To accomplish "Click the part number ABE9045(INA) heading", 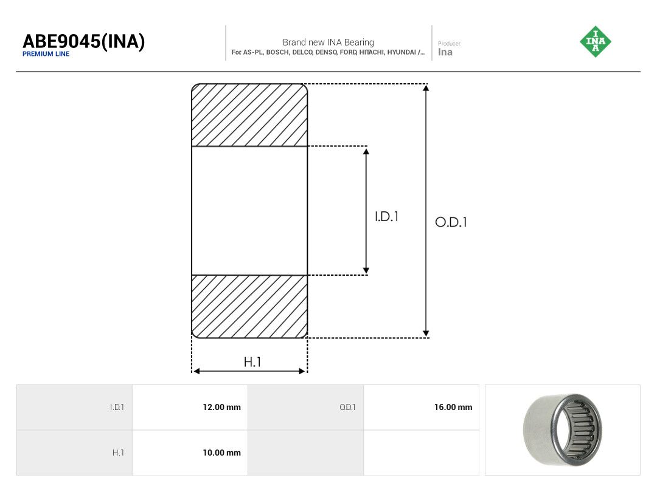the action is (84, 41).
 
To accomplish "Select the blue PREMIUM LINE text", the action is (46, 54).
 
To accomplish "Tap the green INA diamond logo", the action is (596, 41).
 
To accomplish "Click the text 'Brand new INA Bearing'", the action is (328, 43).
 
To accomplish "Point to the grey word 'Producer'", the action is (449, 44).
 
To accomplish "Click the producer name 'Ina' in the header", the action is (445, 52).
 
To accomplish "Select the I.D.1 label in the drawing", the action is (386, 217).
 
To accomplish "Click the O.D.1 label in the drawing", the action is (451, 222).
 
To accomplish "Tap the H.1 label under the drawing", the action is (252, 362).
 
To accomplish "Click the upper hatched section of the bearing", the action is (249, 115).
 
